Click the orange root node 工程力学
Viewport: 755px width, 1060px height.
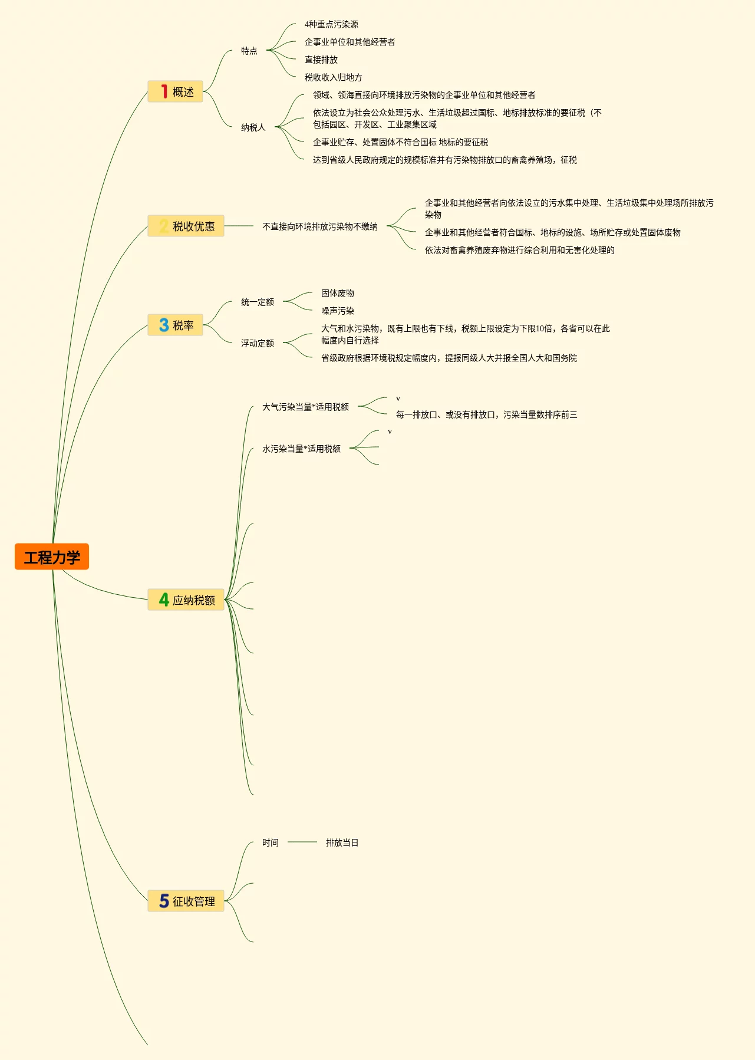coord(52,557)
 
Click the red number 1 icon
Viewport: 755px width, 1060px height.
coord(164,91)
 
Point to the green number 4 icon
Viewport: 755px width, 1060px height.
coord(164,600)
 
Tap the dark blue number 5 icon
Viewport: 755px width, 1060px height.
coord(164,901)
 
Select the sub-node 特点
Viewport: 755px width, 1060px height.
coord(249,51)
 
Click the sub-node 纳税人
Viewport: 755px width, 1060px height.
coord(253,127)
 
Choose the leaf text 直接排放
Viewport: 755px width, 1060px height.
coord(321,60)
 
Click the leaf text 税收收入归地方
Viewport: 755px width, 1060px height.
coord(333,77)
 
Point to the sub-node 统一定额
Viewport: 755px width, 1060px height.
coord(257,302)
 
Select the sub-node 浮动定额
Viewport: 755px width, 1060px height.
coord(257,343)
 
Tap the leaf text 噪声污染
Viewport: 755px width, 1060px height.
coord(337,311)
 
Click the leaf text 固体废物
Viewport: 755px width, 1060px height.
coord(337,293)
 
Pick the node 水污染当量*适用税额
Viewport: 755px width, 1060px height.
coord(301,449)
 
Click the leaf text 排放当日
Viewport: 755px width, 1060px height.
coord(342,842)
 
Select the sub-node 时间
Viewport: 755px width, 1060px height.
coord(270,842)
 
